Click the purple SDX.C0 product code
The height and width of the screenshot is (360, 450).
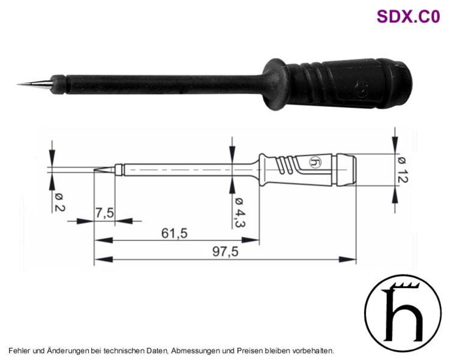(x=408, y=16)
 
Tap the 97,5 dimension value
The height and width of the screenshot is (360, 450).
(x=225, y=252)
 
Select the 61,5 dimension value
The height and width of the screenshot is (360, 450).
(x=174, y=233)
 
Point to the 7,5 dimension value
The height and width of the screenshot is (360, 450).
(x=105, y=214)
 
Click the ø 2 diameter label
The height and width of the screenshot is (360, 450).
(x=59, y=202)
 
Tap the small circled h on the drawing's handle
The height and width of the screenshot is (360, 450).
(x=315, y=163)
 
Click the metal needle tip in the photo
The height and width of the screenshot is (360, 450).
(x=34, y=84)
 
